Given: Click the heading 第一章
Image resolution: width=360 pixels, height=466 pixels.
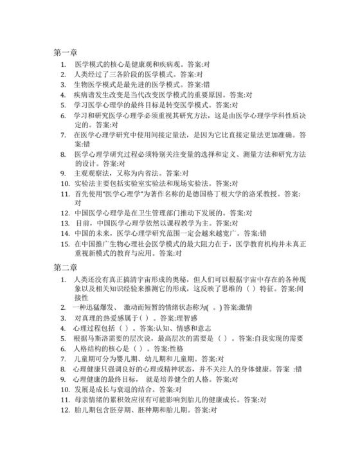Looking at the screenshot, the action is pyautogui.click(x=65, y=52).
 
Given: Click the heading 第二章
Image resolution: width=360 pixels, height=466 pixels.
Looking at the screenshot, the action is pyautogui.click(x=65, y=266).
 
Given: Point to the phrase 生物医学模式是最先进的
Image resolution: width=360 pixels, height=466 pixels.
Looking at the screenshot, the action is pyautogui.click(x=118, y=84).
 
